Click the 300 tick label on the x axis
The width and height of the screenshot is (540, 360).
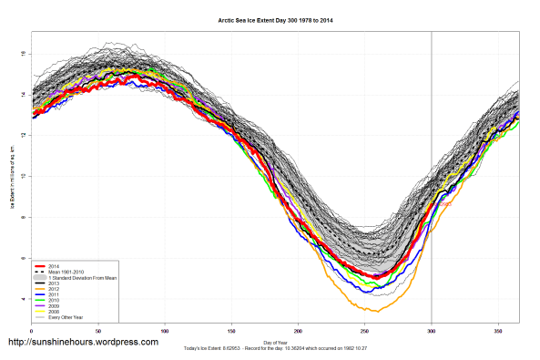click(431, 331)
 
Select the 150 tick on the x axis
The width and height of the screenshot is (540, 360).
click(231, 331)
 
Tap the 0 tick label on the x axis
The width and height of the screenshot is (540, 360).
click(31, 331)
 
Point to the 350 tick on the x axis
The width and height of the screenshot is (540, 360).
click(497, 331)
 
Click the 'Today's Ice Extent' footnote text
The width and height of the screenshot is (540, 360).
click(273, 347)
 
